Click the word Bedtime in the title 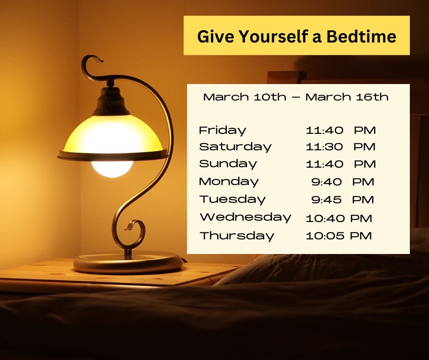click(361, 37)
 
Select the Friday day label click(222, 130)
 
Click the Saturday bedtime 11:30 click(324, 147)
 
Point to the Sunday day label click(228, 164)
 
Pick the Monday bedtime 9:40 click(326, 182)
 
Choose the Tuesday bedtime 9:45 click(326, 200)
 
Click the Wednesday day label click(246, 217)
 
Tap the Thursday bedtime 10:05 click(325, 236)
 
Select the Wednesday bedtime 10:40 click(325, 218)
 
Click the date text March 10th click(245, 97)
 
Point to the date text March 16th click(347, 97)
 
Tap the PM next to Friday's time click(365, 130)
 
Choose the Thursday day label click(237, 236)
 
